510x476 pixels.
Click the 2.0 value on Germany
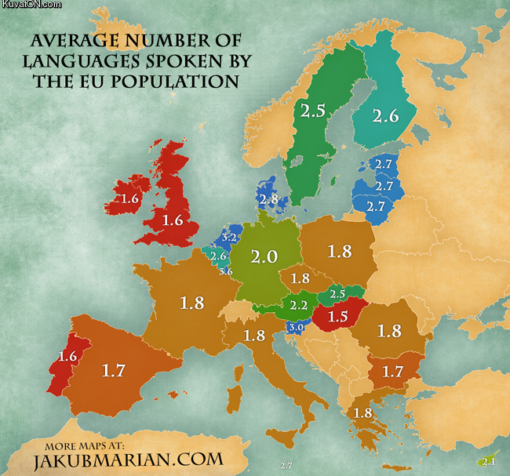(x=264, y=256)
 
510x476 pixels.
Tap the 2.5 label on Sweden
(x=312, y=111)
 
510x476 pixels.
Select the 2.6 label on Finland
(x=385, y=116)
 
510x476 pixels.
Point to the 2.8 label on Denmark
(x=268, y=199)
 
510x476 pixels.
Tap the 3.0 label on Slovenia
(x=295, y=327)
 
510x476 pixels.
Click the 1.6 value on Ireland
(x=130, y=199)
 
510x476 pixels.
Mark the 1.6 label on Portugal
(x=67, y=357)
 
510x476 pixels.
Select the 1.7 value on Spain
(x=114, y=370)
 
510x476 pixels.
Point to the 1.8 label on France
(x=192, y=303)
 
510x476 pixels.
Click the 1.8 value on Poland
(x=340, y=252)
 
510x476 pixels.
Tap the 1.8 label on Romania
(x=389, y=331)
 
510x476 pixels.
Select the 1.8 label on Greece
(x=362, y=413)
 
